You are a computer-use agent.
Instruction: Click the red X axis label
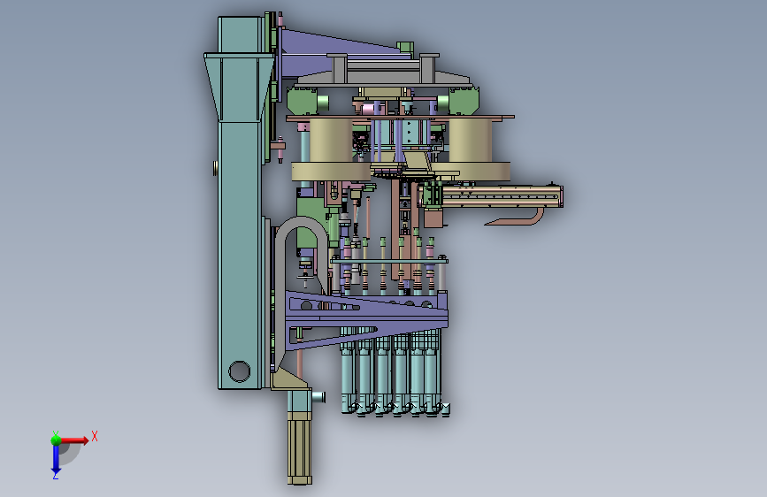pyautogui.click(x=95, y=436)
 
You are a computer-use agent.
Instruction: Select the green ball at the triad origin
pyautogui.click(x=56, y=440)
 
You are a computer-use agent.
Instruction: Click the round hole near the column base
pyautogui.click(x=239, y=371)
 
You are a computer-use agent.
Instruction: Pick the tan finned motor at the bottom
pyautogui.click(x=299, y=447)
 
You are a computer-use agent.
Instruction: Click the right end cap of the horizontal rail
pyautogui.click(x=561, y=196)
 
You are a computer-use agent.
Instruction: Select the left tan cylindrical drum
pyautogui.click(x=331, y=141)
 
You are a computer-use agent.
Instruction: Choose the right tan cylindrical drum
pyautogui.click(x=470, y=141)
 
